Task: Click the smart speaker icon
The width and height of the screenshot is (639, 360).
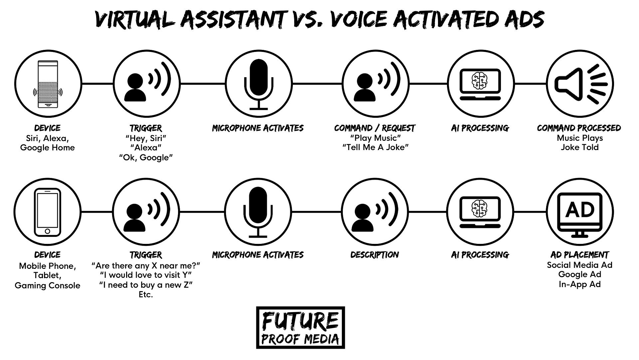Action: pos(48,84)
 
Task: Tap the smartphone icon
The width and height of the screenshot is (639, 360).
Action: pos(48,212)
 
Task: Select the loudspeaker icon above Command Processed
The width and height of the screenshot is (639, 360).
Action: pos(581,84)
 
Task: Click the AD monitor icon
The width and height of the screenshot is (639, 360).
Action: pos(580,215)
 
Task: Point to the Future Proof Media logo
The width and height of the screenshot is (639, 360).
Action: pos(301,328)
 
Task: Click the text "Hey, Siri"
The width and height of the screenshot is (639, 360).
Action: pos(146,138)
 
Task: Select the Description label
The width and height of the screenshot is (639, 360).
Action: pos(375,255)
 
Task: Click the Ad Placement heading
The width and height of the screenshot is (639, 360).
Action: pos(580,255)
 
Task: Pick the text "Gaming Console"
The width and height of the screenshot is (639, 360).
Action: pos(48,285)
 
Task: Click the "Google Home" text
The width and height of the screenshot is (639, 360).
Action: pos(48,148)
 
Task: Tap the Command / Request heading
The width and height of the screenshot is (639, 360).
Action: pos(375,128)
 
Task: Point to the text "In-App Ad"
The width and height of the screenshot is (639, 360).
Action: pos(580,284)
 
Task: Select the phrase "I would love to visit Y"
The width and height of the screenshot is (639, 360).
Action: pos(146,275)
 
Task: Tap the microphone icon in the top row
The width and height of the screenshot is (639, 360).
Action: pos(259,84)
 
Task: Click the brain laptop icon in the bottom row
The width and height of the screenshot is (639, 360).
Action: pos(480,212)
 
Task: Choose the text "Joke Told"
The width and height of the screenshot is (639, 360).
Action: pos(580,147)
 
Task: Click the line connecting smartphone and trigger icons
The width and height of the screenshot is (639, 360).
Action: pos(97,212)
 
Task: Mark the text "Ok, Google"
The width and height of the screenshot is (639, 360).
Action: pos(146,157)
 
